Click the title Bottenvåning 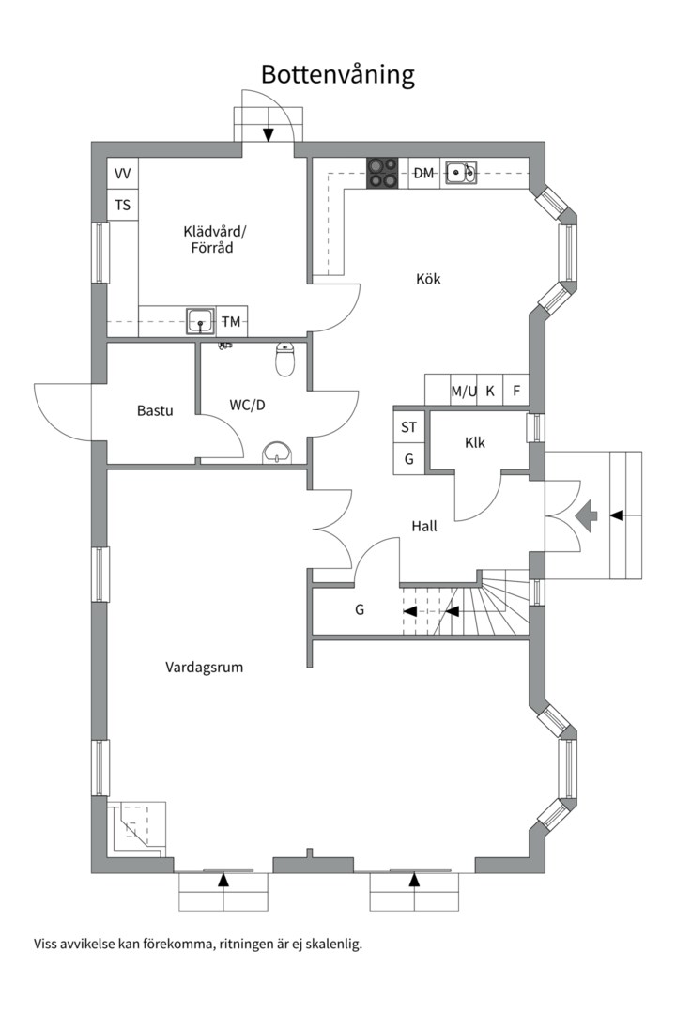[338, 75]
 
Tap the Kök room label [428, 279]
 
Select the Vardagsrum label [205, 667]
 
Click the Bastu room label [155, 410]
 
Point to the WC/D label [247, 405]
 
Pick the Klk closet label [475, 442]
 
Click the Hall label [424, 526]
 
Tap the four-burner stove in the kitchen [382, 173]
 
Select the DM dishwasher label [423, 173]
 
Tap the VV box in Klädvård [122, 174]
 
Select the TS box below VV [122, 205]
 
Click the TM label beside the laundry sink [231, 321]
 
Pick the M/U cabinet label [464, 391]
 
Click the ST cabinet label [408, 427]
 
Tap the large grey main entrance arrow [586, 515]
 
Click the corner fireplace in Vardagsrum [137, 829]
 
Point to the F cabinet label [516, 391]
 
